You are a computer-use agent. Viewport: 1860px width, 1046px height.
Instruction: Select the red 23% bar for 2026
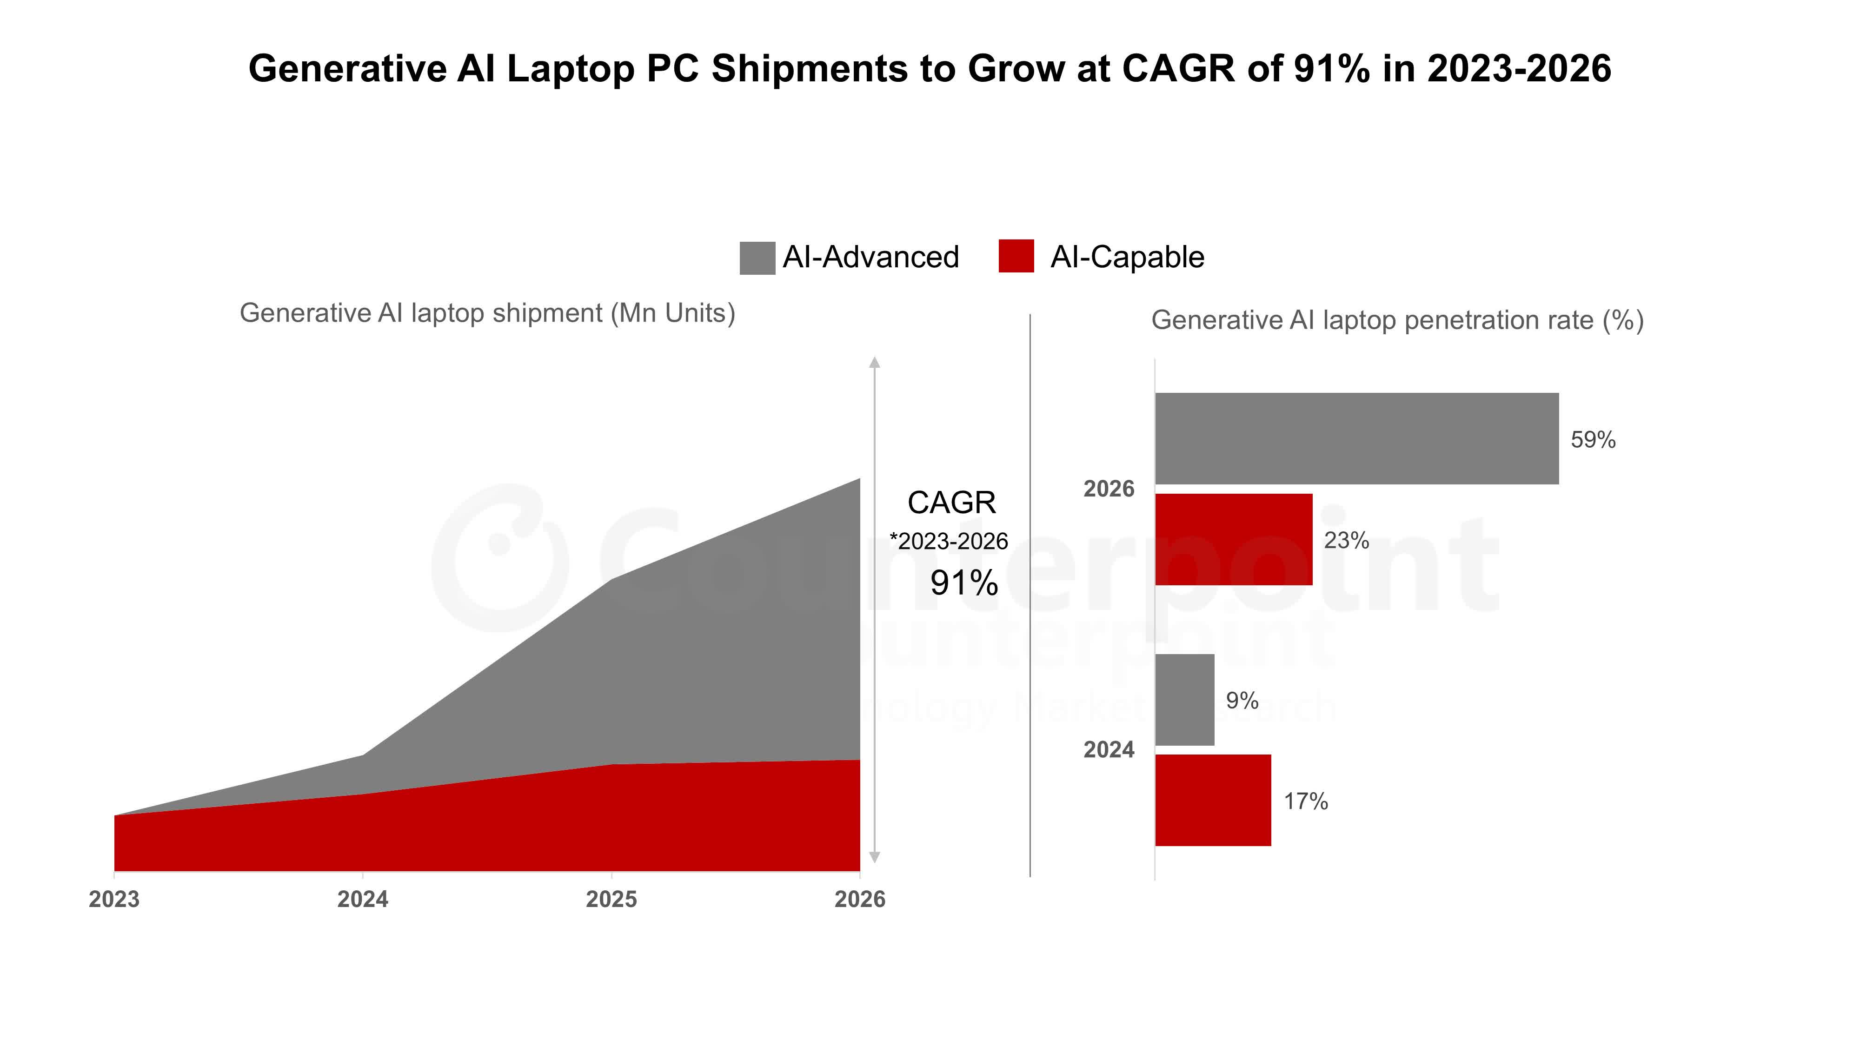coord(1233,539)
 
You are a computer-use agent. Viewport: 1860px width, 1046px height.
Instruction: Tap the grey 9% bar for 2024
coord(1184,700)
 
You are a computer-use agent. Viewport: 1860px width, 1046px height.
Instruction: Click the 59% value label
coord(1592,440)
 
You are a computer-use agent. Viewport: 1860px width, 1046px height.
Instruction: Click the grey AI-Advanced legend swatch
coord(757,258)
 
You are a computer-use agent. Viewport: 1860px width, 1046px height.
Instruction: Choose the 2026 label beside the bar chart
coord(1109,489)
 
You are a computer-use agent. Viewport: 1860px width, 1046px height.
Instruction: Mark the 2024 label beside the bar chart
coord(1109,749)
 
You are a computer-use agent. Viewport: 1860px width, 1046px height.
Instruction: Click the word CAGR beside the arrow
coord(951,503)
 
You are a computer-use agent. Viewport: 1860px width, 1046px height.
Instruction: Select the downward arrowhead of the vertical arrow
coord(874,858)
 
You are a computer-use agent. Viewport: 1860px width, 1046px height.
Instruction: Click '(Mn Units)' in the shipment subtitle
coord(672,313)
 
